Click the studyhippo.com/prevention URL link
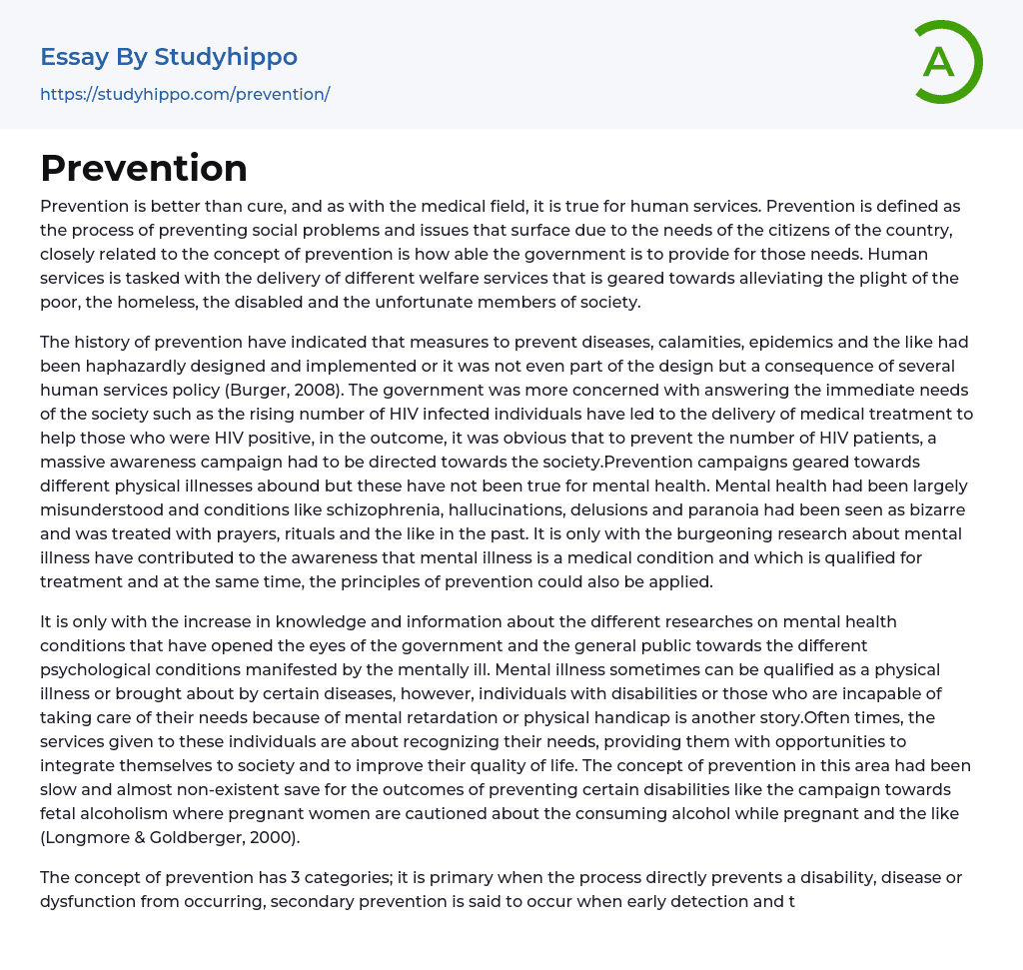pos(185,94)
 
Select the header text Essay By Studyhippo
pos(169,57)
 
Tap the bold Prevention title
pos(144,168)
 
